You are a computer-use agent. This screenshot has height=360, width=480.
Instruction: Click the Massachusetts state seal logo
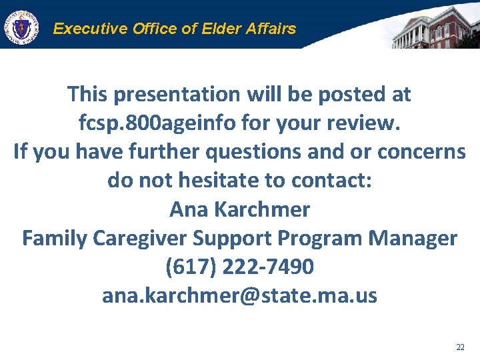(x=22, y=27)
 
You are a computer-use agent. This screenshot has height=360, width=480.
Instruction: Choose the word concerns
(x=421, y=152)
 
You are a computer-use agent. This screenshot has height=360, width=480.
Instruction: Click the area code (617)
(x=191, y=267)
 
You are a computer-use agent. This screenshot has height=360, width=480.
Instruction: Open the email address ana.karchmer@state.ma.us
(x=239, y=295)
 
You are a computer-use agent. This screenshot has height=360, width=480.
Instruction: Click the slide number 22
(x=460, y=347)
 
